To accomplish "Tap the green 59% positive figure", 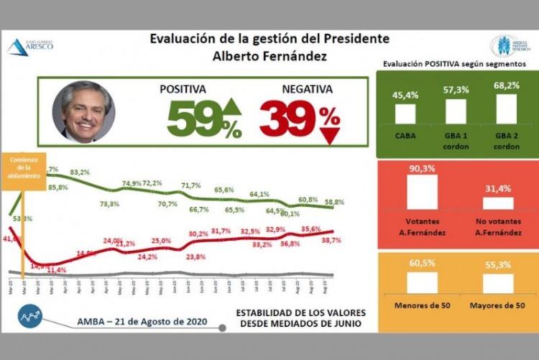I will pos(194,117).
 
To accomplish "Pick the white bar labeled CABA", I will pos(405,113).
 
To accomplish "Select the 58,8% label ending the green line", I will pos(333,203).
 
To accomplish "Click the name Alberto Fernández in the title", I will pos(270,55).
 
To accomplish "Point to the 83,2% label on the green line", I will pos(80,172).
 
